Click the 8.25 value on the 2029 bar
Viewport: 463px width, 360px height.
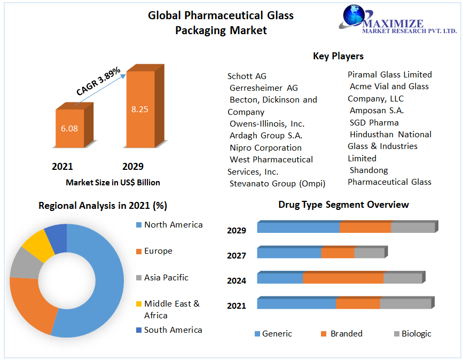pyautogui.click(x=139, y=109)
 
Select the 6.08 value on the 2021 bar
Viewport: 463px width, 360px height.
pyautogui.click(x=69, y=128)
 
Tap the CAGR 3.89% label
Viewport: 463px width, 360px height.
pyautogui.click(x=98, y=81)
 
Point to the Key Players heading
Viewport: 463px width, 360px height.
pyautogui.click(x=338, y=56)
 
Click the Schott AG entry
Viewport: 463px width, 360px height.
pyautogui.click(x=247, y=76)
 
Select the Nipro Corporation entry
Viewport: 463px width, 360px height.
pyautogui.click(x=265, y=147)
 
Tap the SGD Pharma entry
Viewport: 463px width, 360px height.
pyautogui.click(x=374, y=122)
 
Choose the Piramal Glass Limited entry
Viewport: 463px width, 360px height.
pyautogui.click(x=390, y=74)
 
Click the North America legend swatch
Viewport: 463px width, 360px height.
pyautogui.click(x=139, y=225)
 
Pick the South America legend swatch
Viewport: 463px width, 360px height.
pyautogui.click(x=139, y=330)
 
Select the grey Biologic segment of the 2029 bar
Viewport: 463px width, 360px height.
pyautogui.click(x=412, y=228)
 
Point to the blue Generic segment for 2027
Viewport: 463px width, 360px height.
pyautogui.click(x=289, y=253)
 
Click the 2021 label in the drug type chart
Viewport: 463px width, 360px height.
pyautogui.click(x=236, y=306)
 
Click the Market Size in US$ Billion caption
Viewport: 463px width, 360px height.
pyautogui.click(x=113, y=183)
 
